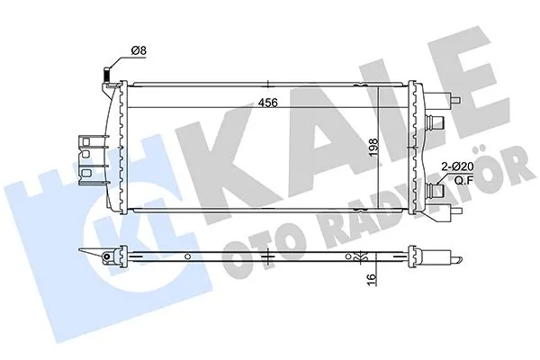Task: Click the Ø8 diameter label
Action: pos(139,52)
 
